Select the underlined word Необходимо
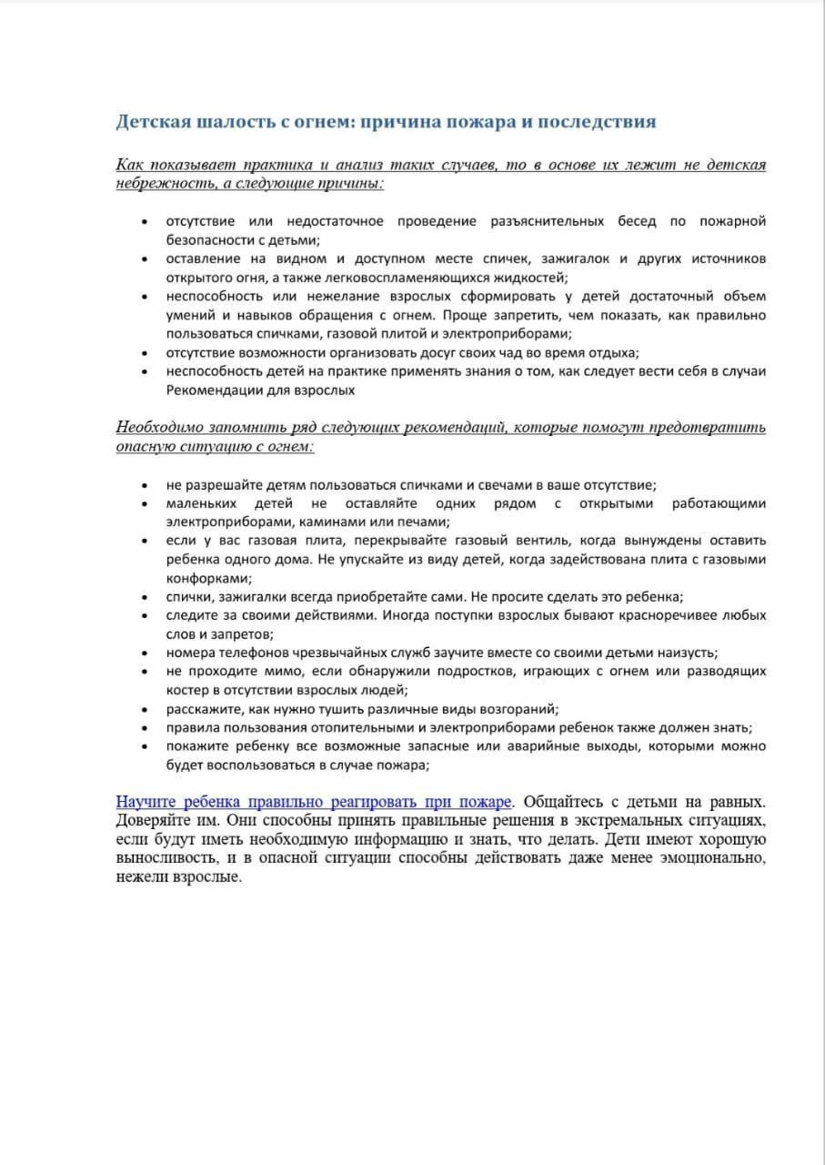point(159,427)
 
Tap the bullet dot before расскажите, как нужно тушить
point(146,709)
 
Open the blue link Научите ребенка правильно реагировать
point(315,802)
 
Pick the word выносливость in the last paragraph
point(160,858)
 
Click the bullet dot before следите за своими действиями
point(146,616)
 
